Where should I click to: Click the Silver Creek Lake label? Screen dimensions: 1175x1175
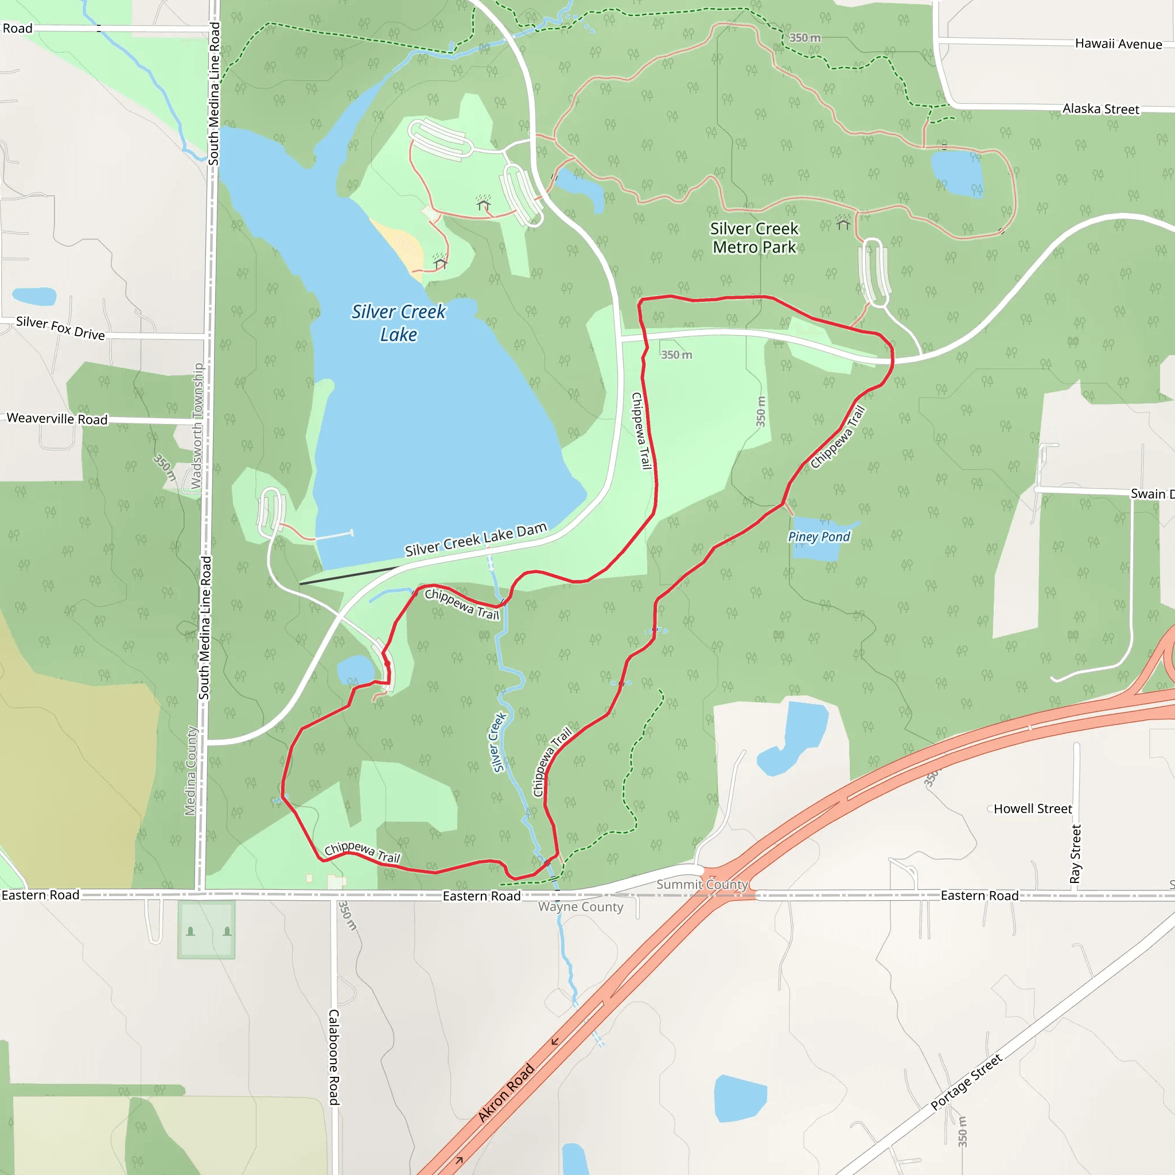coord(398,323)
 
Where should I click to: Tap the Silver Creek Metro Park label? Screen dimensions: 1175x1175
coord(754,238)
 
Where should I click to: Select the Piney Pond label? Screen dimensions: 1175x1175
coord(819,536)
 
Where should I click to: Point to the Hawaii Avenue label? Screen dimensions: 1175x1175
coord(1118,44)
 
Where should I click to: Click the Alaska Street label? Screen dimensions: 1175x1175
coord(1100,109)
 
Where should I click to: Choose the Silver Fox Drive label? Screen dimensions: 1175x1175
coord(60,328)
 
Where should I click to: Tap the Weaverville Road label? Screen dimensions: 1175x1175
coord(57,418)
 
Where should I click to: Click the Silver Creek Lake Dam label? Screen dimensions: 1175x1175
coord(476,539)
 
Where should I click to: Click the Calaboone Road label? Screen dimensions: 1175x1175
coord(334,1057)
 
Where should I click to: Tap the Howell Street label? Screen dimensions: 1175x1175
coord(1032,809)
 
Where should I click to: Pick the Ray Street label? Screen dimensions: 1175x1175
coord(1075,854)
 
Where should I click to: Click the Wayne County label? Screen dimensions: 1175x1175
coord(580,907)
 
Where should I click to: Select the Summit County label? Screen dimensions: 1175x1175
coord(701,884)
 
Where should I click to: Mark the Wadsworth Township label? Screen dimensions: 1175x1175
coord(196,426)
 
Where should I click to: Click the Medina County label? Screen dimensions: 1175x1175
coord(190,771)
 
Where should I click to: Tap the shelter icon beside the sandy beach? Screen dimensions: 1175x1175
coord(440,263)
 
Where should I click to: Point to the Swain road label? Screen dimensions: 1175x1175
coord(1151,494)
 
